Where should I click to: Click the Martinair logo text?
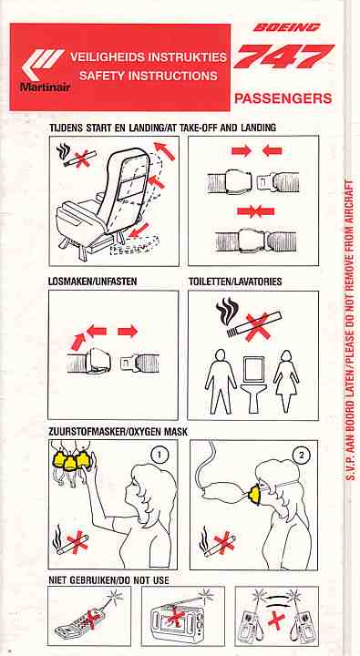(x=46, y=87)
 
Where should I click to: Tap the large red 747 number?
(x=283, y=56)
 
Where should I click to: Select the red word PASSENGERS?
(x=283, y=98)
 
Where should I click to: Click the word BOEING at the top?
(x=287, y=28)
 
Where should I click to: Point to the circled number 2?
(x=300, y=456)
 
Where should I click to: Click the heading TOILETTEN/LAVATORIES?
(x=235, y=282)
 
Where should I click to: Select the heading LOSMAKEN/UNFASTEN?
(x=92, y=282)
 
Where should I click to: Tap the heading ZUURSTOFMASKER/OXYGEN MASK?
(x=118, y=431)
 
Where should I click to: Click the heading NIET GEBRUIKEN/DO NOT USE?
(x=108, y=580)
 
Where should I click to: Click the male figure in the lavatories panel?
(x=220, y=382)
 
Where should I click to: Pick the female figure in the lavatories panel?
(x=286, y=381)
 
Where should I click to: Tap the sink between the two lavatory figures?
(x=252, y=384)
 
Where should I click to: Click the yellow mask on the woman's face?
(x=254, y=495)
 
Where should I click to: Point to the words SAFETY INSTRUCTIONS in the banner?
(x=149, y=76)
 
